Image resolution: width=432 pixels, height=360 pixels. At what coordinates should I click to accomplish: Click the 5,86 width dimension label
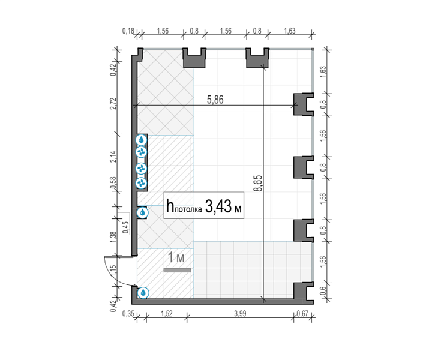coord(215,100)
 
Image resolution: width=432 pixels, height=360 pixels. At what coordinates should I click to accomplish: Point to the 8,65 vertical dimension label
coord(259,184)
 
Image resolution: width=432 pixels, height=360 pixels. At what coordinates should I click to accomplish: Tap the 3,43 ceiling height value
coord(218,206)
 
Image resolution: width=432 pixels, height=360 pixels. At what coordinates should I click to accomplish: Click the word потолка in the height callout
coord(188,209)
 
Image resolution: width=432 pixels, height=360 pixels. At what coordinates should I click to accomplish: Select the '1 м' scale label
coord(176,258)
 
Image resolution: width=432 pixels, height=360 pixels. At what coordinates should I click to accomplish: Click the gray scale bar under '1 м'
coord(177,270)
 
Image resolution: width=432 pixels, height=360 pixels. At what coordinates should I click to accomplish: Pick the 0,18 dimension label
coord(128,31)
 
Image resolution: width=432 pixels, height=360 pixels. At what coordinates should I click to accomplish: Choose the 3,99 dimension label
coord(240,314)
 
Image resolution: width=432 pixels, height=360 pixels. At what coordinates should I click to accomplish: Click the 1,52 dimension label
coord(167,314)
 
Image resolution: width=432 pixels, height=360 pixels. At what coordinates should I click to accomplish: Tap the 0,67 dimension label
coord(302,314)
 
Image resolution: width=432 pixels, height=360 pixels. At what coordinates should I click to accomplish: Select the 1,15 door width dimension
coord(113,271)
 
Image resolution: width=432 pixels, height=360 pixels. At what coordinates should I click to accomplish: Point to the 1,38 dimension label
coord(113,237)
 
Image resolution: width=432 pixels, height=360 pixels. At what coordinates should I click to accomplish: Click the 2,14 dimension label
coord(113,157)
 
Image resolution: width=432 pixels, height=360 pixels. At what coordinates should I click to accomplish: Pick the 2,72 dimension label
coord(113,104)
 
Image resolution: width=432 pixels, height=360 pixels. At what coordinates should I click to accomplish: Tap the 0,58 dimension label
coord(113,183)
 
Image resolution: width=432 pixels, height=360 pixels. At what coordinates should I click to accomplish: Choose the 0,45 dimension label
coord(125,227)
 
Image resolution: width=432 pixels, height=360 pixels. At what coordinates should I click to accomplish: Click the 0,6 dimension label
coord(323,291)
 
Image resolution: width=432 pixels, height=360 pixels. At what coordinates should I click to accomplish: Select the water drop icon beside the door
coord(143,293)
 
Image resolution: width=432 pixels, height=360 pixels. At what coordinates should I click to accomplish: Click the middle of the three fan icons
coord(141,168)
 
